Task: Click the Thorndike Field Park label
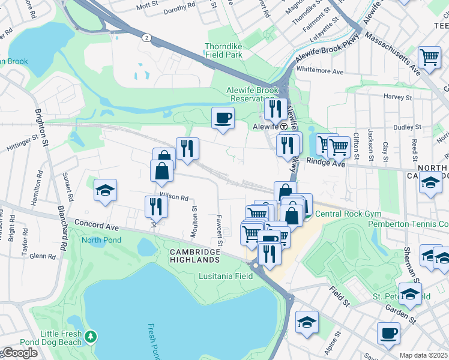(223, 50)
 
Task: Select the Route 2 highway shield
(146, 37)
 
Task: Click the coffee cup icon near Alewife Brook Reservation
(223, 117)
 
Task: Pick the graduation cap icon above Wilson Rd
(105, 190)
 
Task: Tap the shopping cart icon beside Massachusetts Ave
(429, 57)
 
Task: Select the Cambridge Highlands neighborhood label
(194, 256)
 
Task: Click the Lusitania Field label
(226, 276)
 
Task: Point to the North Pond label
(101, 240)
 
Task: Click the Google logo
(19, 353)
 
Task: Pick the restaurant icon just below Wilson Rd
(155, 206)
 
